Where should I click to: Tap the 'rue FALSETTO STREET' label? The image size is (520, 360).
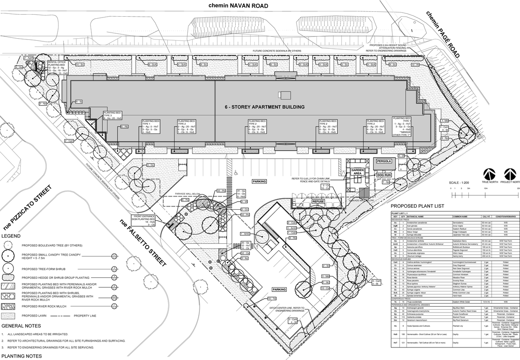(x=143, y=243)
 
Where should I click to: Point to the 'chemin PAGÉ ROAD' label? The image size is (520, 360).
(x=442, y=34)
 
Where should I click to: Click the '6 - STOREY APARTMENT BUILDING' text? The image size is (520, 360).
(x=264, y=107)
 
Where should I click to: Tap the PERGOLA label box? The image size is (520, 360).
(x=384, y=161)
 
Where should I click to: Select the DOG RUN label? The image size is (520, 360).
(x=384, y=175)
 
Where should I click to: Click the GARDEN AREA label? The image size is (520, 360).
(x=357, y=171)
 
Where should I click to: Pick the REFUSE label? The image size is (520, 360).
(x=318, y=201)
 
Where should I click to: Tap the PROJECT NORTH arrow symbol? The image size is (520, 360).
(x=509, y=173)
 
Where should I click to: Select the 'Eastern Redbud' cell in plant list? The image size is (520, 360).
(x=461, y=229)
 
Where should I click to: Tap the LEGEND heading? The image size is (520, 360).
(x=11, y=236)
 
